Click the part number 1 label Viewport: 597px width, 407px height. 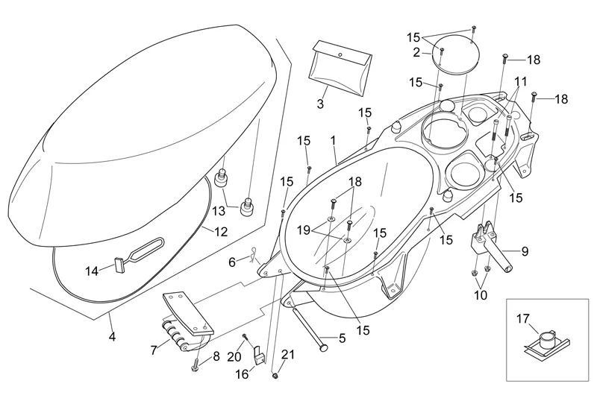(x=333, y=140)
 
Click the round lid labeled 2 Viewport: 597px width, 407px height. (x=454, y=54)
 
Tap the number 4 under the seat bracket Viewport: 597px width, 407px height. (x=112, y=337)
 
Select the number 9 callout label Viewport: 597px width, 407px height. (x=525, y=251)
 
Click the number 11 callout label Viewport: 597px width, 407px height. (x=520, y=81)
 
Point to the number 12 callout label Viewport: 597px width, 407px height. (x=220, y=232)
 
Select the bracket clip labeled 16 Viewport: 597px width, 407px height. (x=260, y=356)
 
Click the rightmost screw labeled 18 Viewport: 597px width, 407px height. (x=534, y=96)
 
